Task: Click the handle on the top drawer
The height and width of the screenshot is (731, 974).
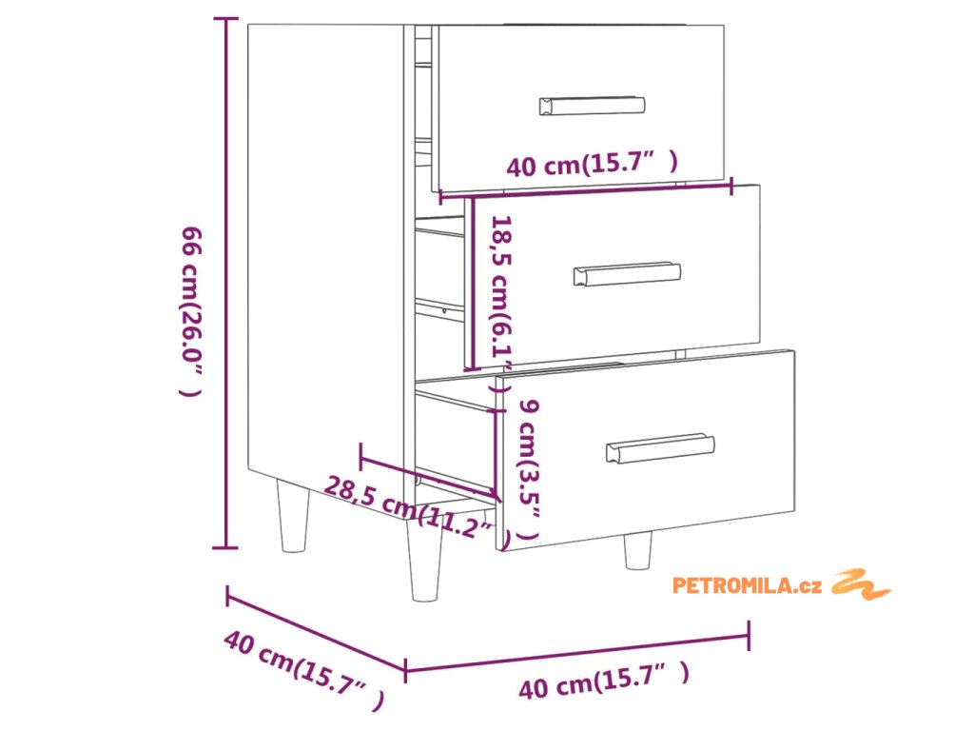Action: pyautogui.click(x=592, y=106)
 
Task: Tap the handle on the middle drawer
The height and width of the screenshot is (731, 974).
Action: pyautogui.click(x=627, y=274)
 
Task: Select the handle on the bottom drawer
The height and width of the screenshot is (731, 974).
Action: pyautogui.click(x=660, y=448)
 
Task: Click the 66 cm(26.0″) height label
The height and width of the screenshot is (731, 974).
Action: pyautogui.click(x=191, y=310)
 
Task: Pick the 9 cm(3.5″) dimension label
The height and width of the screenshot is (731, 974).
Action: pyautogui.click(x=529, y=470)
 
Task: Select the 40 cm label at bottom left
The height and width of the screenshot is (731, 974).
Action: pyautogui.click(x=302, y=668)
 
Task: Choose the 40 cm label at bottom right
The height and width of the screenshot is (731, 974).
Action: pyautogui.click(x=603, y=681)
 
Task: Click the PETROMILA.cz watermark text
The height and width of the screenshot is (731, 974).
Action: pyautogui.click(x=747, y=585)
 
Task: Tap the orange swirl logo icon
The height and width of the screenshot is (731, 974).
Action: pyautogui.click(x=862, y=583)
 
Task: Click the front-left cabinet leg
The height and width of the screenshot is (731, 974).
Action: pyautogui.click(x=424, y=563)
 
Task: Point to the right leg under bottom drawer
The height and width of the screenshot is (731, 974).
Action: pyautogui.click(x=637, y=549)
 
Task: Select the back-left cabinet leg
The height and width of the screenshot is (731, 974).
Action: pyautogui.click(x=293, y=516)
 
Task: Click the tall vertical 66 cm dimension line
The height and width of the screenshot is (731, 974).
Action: pyautogui.click(x=226, y=286)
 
